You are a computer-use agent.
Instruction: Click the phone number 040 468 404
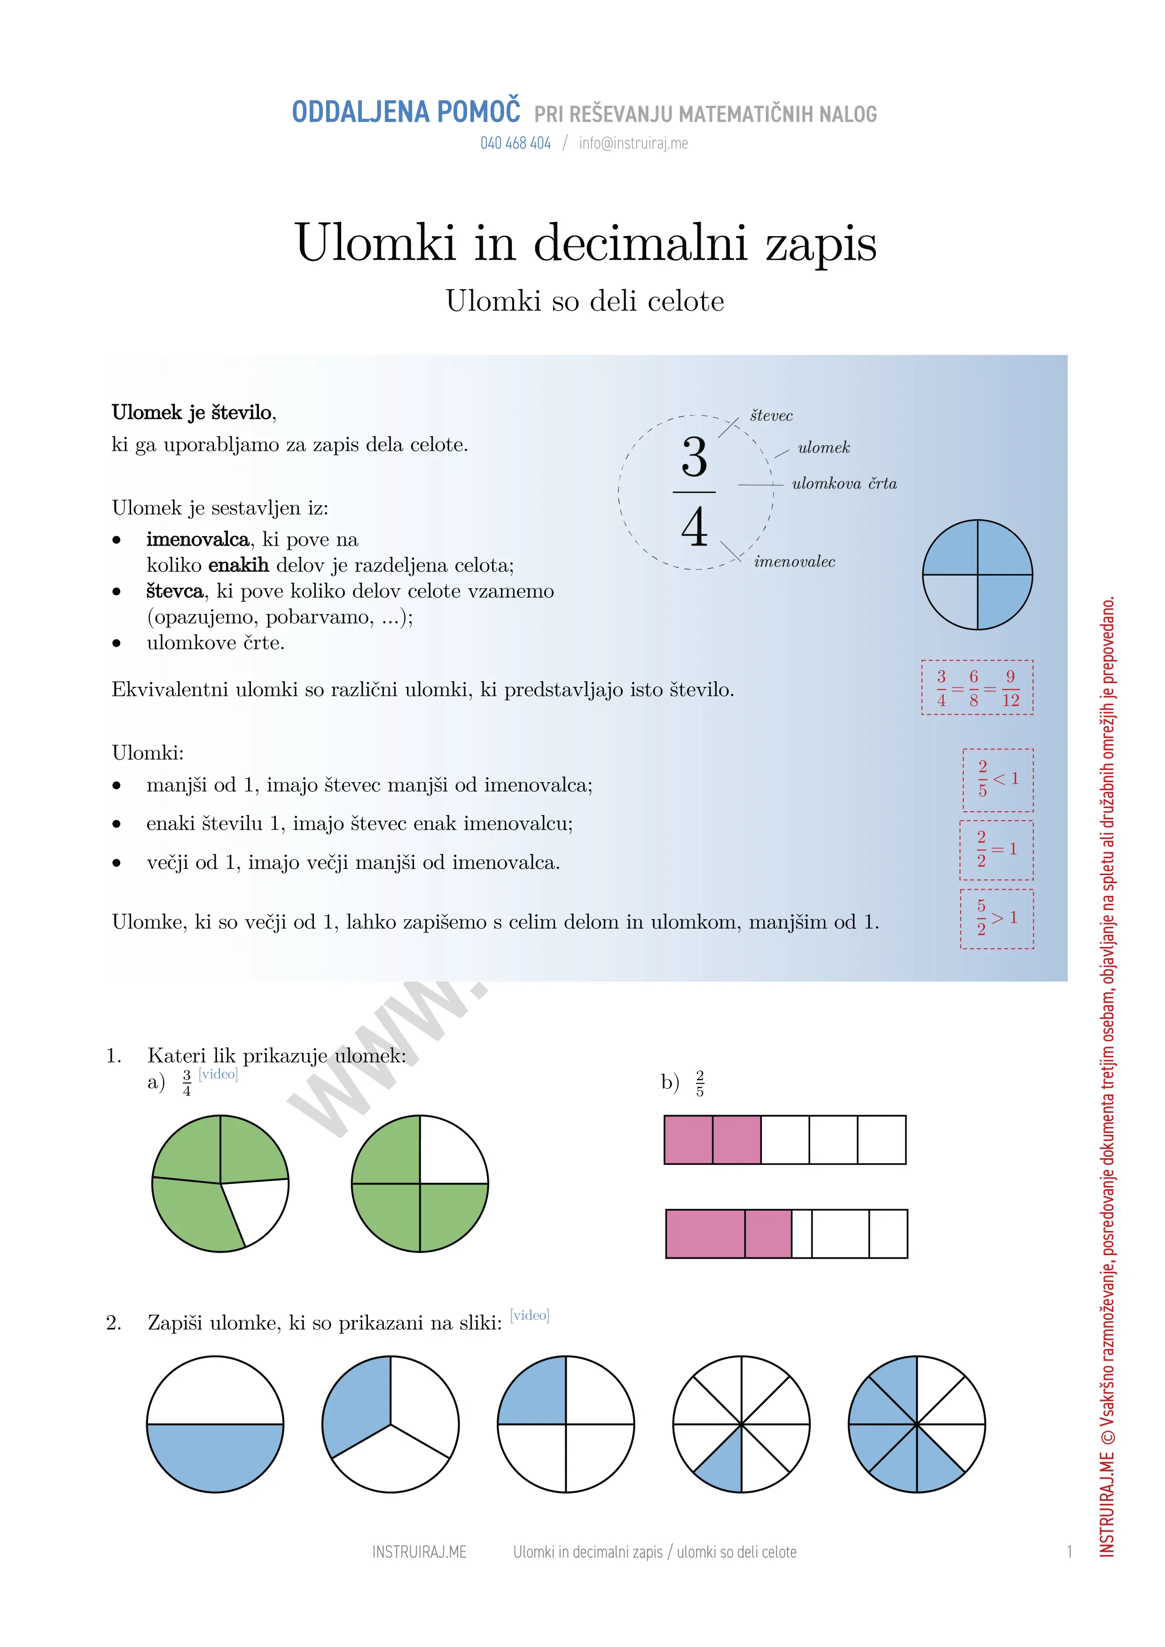516,144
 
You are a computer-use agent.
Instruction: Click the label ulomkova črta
844,484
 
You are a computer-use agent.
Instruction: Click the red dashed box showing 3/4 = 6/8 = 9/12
977,687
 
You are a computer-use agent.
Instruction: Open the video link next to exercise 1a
218,1074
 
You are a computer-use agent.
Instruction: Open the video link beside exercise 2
529,1315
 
